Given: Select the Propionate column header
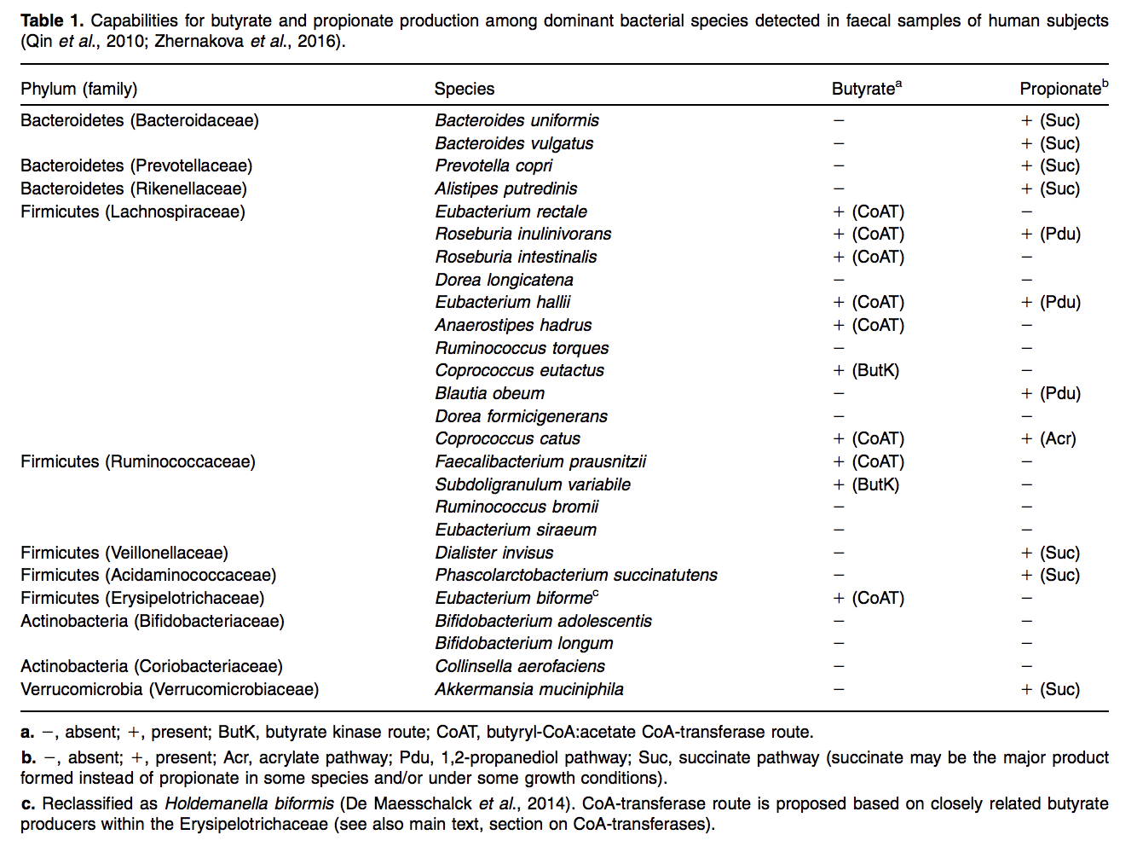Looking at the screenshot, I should [1061, 89].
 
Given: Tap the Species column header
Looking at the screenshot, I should [464, 89].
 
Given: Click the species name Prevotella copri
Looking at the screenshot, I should [493, 165].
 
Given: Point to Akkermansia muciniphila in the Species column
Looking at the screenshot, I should [528, 689].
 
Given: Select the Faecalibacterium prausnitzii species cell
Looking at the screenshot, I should [540, 461].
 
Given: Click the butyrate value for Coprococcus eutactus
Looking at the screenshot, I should [866, 370].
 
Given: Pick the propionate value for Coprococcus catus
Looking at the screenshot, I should [1048, 438].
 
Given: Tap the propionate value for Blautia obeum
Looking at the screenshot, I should [1050, 393].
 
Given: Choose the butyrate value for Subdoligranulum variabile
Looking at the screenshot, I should [866, 484].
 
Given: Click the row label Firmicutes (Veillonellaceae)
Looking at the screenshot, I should [124, 553].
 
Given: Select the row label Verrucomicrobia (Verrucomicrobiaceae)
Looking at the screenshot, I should [170, 689].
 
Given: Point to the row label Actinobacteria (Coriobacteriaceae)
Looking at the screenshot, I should [152, 666].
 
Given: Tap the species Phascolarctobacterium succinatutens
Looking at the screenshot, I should [576, 575].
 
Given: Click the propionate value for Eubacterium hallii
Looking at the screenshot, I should [1050, 302].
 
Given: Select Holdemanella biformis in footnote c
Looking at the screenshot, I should [249, 803].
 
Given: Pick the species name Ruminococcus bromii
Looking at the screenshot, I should [517, 507].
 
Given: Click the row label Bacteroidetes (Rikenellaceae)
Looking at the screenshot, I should [134, 188].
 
